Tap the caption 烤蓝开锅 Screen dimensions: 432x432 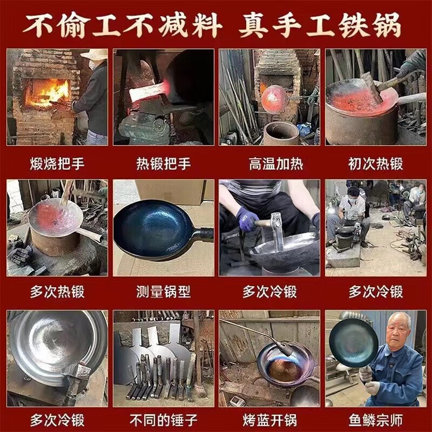click(269, 420)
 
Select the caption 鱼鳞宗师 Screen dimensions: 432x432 click(376, 420)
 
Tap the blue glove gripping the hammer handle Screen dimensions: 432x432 click(247, 219)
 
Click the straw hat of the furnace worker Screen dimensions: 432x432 click(96, 55)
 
